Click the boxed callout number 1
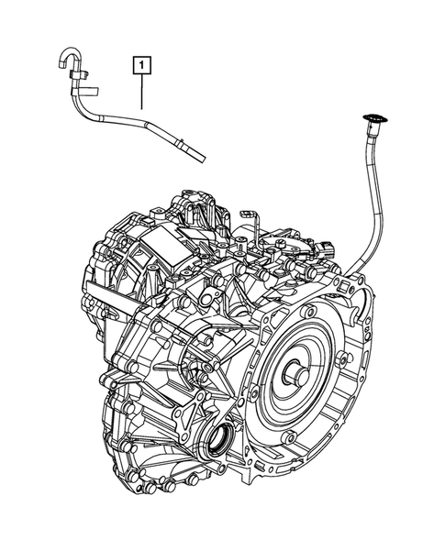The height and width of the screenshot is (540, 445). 141,64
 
